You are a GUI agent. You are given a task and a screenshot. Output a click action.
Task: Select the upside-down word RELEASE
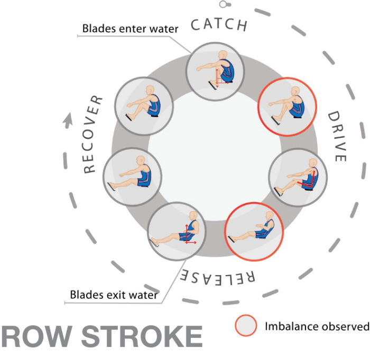(x=219, y=275)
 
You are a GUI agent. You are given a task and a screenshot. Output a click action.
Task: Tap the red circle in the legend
(x=246, y=326)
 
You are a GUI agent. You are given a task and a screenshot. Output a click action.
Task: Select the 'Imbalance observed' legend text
(x=316, y=326)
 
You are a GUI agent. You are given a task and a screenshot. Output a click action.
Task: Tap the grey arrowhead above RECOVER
(x=68, y=121)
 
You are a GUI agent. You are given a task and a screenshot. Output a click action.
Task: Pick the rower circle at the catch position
(x=218, y=72)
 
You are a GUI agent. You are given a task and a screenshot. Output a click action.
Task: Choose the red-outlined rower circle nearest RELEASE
(x=254, y=230)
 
